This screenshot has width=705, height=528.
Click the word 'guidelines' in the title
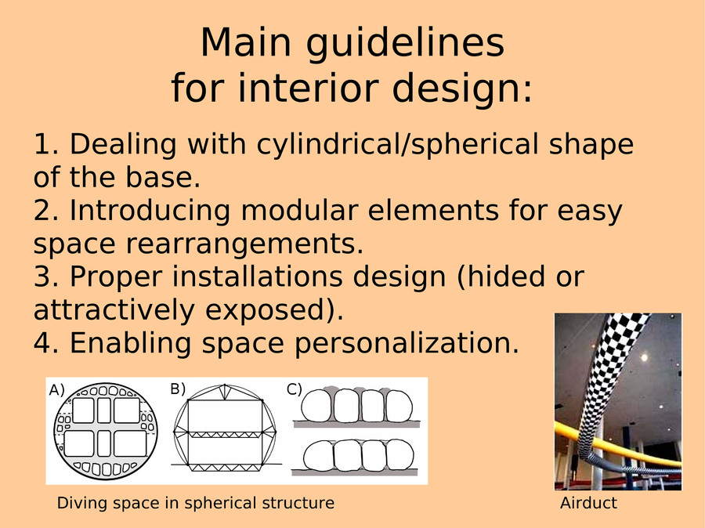point(405,44)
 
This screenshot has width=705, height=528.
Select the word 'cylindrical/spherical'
point(397,146)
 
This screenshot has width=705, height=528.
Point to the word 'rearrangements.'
point(244,245)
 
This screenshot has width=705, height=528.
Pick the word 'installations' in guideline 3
point(258,277)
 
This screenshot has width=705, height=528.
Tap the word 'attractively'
point(114,309)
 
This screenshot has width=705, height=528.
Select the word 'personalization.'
point(407,344)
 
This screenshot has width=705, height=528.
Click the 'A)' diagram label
point(57,390)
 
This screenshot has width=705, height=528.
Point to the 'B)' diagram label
point(178,389)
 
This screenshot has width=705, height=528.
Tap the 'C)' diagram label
point(295,389)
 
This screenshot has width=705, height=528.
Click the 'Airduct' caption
point(588,503)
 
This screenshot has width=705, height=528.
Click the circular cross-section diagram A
point(105,432)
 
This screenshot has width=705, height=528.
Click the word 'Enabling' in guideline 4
point(132,344)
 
